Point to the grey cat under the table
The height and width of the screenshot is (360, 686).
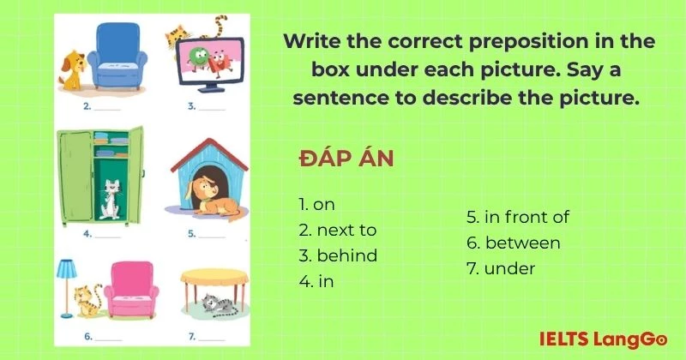pyautogui.click(x=210, y=303)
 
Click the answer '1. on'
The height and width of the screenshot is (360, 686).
pyautogui.click(x=316, y=204)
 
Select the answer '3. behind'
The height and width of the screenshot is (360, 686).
pyautogui.click(x=338, y=255)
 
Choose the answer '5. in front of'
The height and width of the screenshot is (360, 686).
pyautogui.click(x=517, y=217)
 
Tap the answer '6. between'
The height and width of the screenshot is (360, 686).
pyautogui.click(x=513, y=243)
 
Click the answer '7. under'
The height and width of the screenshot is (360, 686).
pyautogui.click(x=501, y=268)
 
